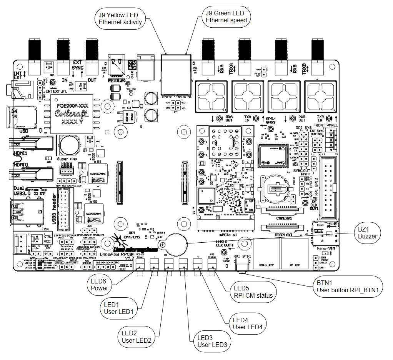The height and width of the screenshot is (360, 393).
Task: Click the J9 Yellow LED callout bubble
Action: tap(120, 19)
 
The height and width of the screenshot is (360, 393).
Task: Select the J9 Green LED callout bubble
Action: tap(226, 17)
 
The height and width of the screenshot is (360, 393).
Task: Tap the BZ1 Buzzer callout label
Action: tap(368, 232)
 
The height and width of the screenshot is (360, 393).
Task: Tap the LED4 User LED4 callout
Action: tap(248, 323)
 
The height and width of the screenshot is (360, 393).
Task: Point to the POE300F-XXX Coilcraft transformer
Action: tap(73, 113)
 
